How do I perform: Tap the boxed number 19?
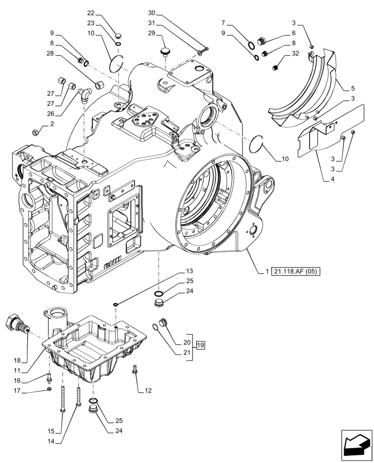(x=200, y=345)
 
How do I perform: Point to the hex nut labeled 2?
(x=36, y=133)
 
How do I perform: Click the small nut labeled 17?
(x=50, y=389)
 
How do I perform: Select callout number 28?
(x=50, y=54)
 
